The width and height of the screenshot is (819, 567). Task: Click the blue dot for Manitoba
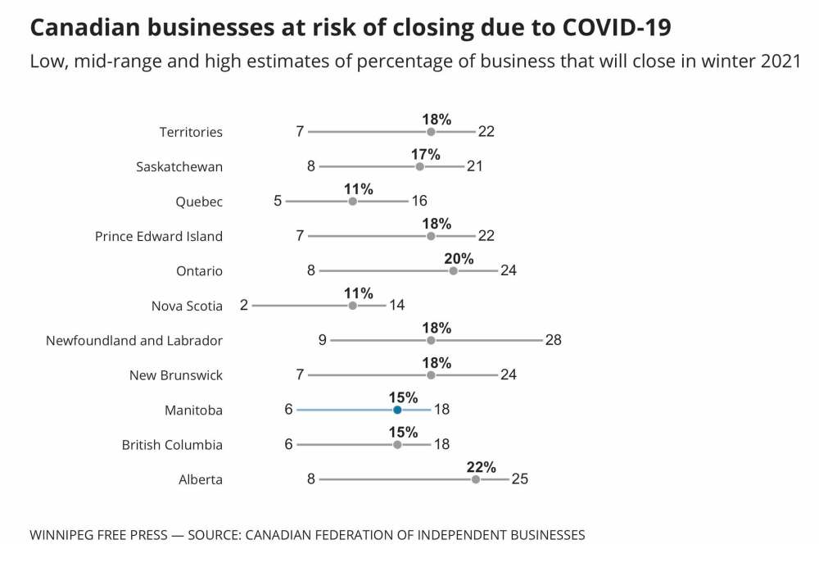point(397,410)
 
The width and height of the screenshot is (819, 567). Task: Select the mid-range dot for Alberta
point(476,479)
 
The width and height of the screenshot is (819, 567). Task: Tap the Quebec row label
point(199,202)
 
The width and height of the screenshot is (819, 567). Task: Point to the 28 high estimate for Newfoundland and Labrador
point(554,340)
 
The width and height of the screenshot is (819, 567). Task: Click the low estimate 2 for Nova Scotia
point(244,306)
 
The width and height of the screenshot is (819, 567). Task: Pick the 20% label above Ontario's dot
point(459,259)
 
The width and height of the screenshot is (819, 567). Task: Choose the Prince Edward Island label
point(159,236)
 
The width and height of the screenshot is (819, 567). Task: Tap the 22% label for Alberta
point(482,467)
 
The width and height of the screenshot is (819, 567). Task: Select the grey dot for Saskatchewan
point(420,166)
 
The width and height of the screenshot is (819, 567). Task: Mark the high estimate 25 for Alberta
point(520,479)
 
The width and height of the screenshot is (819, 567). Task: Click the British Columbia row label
point(172,445)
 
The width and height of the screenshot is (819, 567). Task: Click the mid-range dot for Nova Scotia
point(353,306)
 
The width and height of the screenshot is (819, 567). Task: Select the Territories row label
point(191,132)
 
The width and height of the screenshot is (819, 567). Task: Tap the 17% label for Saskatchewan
point(426,154)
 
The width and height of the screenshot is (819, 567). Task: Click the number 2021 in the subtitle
point(781,62)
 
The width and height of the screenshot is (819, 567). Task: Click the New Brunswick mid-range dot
point(431,375)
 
